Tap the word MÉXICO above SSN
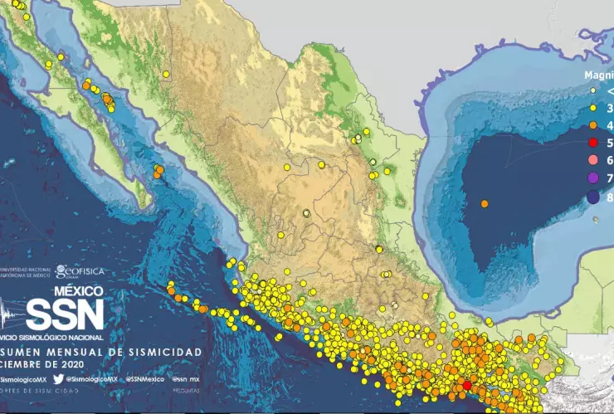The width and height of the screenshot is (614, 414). pyautogui.click(x=78, y=292)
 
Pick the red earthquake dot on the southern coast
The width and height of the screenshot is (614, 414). pyautogui.click(x=466, y=385)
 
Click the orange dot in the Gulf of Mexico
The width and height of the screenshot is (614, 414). pyautogui.click(x=485, y=203)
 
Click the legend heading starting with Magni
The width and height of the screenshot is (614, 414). pyautogui.click(x=598, y=73)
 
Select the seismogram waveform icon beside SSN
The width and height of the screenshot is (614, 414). pyautogui.click(x=12, y=316)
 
